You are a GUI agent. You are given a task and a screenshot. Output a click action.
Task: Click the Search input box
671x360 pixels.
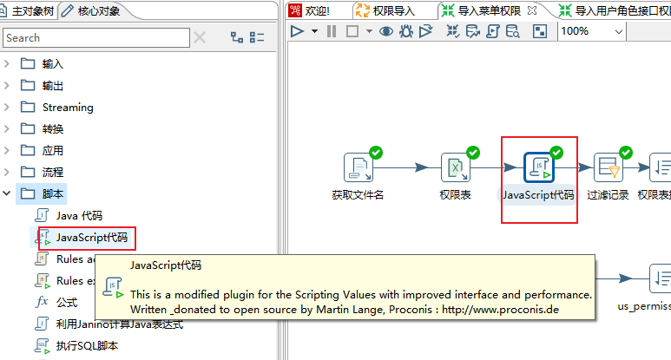95,38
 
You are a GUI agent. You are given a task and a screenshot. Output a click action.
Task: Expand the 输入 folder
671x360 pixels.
8,63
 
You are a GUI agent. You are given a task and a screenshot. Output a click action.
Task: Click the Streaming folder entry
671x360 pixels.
67,108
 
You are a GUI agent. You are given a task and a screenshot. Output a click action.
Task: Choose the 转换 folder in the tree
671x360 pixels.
52,129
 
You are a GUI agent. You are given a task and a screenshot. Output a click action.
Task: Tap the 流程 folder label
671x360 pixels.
52,173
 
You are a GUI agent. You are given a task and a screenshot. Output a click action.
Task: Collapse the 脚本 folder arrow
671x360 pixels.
8,193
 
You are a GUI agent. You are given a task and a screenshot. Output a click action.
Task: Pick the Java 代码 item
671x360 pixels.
79,215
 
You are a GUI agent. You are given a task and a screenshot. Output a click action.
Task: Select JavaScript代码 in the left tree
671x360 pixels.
91,237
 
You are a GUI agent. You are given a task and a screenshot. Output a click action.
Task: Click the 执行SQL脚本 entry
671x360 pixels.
87,345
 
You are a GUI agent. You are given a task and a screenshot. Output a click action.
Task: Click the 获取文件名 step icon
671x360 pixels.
358,167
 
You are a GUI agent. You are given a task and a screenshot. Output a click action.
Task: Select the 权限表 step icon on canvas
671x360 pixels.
455,167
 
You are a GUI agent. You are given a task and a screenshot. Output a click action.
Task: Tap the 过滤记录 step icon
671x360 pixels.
608,167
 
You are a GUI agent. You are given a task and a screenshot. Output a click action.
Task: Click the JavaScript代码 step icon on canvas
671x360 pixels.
538,167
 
